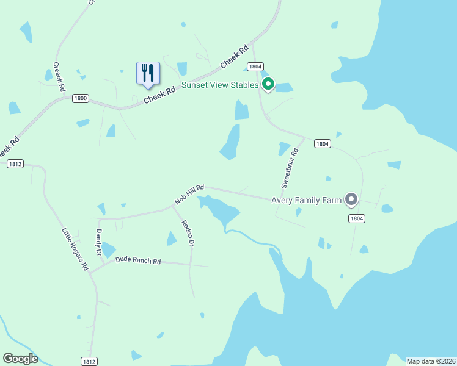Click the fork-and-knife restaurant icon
tap(147, 73)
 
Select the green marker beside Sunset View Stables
tap(268, 84)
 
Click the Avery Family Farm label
tap(306, 199)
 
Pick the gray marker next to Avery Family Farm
tap(351, 199)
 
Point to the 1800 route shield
tap(80, 98)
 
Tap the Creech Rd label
tap(59, 77)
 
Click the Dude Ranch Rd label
tap(138, 260)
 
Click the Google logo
tap(20, 359)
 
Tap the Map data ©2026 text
tap(431, 361)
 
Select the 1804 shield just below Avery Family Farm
tap(357, 218)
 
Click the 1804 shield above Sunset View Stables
tap(255, 66)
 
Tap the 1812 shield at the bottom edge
tap(89, 361)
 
